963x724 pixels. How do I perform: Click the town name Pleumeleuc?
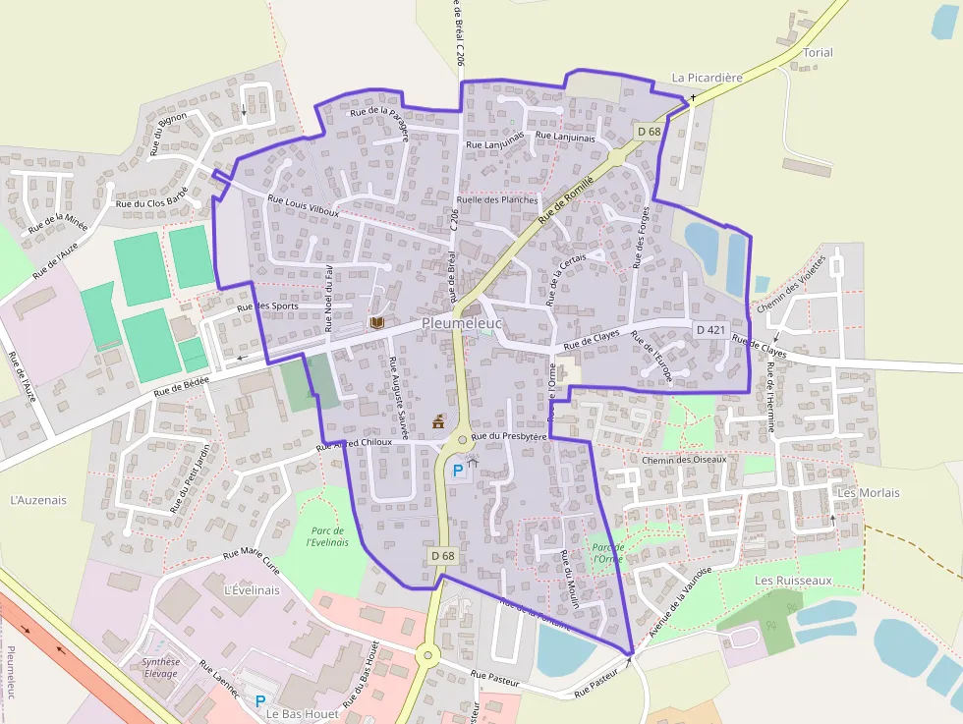click(462, 323)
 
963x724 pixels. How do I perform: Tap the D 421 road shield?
click(709, 329)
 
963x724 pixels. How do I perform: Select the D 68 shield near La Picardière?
click(649, 132)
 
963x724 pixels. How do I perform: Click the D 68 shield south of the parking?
click(443, 556)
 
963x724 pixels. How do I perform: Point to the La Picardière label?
click(708, 77)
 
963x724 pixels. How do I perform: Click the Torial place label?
click(818, 53)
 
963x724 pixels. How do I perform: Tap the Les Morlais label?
click(869, 492)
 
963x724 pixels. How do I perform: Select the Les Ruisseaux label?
click(793, 581)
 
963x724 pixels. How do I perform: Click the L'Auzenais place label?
click(38, 500)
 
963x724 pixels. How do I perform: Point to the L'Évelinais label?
click(252, 590)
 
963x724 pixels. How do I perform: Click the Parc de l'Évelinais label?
click(327, 536)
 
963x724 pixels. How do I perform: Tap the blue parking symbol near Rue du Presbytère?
click(457, 472)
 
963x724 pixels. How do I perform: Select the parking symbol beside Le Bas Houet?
click(260, 701)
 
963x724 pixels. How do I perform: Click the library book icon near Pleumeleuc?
click(376, 322)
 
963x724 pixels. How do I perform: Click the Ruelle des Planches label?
click(497, 199)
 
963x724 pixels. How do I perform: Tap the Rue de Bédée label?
click(182, 385)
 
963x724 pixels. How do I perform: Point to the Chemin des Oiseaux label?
click(684, 460)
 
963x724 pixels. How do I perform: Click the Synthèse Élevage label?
click(161, 667)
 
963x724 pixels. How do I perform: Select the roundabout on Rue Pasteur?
click(427, 653)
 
